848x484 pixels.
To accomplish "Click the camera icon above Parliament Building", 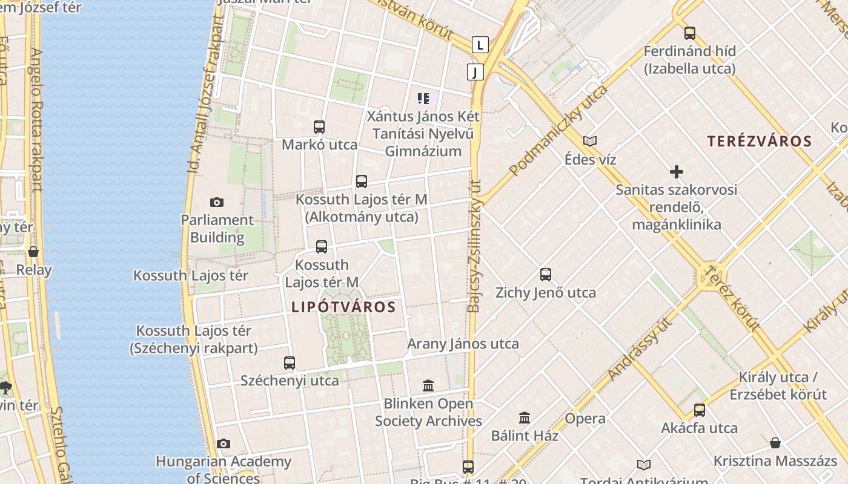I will tap(216, 202).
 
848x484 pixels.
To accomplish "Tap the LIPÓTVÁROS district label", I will tap(343, 307).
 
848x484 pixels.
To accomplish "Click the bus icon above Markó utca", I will tap(319, 127).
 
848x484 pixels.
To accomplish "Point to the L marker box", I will tap(480, 45).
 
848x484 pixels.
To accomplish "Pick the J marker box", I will tap(475, 73).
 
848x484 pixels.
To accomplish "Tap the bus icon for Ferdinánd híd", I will tap(689, 33).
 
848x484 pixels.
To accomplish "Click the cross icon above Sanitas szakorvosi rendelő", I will tap(677, 172).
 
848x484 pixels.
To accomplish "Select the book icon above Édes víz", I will tap(590, 142).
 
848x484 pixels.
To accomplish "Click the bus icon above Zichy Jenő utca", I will tap(546, 275).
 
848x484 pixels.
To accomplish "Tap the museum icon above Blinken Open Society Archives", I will tap(428, 385).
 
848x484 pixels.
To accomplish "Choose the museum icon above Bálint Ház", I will tap(525, 417).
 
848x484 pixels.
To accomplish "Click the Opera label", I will tap(585, 419).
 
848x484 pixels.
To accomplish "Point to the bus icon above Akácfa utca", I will tap(700, 410).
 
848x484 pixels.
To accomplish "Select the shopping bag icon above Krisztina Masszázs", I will tap(775, 443).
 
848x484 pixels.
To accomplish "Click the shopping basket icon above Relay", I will tap(33, 252).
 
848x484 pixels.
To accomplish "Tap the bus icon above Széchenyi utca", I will tap(290, 363).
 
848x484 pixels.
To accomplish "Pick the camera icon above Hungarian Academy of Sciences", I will tap(224, 444).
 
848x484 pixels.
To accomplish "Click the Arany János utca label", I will tap(463, 344).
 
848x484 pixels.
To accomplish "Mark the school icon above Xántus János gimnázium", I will tap(423, 98).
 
